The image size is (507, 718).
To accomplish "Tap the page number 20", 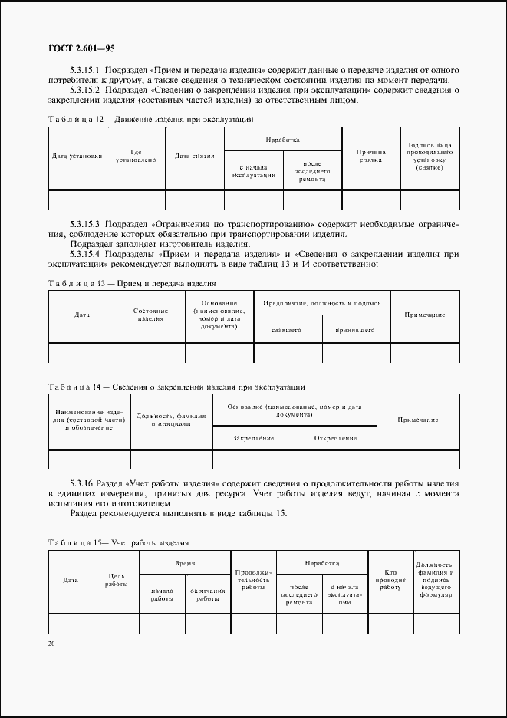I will [x=51, y=644].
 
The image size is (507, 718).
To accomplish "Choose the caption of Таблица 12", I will [x=150, y=120].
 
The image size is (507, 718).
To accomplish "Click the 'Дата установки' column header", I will [x=77, y=156].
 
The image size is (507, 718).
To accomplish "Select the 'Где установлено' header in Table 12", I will [x=136, y=156].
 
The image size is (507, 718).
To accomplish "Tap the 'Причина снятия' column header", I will [x=370, y=156].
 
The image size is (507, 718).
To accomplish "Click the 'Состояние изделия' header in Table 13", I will [x=150, y=315].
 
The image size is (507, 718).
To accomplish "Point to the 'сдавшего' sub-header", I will [x=285, y=330].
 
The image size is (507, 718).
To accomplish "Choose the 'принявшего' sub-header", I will [x=354, y=330].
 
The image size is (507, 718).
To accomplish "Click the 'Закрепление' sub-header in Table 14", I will [x=254, y=437].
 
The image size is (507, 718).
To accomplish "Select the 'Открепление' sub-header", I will [x=336, y=437].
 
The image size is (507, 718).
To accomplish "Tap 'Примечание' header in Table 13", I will [x=425, y=315].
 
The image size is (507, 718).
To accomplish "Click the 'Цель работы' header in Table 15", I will [x=116, y=580].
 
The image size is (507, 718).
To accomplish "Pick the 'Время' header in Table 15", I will [x=185, y=562].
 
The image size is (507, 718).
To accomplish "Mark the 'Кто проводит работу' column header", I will [x=390, y=580].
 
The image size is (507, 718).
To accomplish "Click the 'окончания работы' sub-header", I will [x=208, y=594].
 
